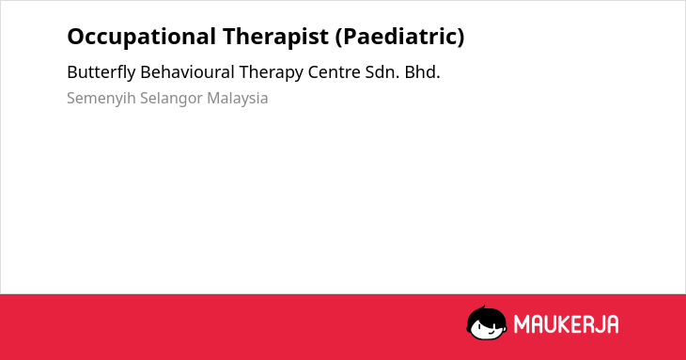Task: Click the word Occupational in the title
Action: tap(141, 38)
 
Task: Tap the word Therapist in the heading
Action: tap(275, 38)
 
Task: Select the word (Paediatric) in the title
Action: tap(400, 38)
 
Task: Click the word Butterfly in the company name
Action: tap(101, 72)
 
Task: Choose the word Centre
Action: tap(334, 72)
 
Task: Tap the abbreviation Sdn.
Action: tap(382, 72)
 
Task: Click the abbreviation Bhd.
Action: tap(422, 72)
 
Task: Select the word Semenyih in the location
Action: tap(101, 99)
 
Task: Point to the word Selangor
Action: tap(171, 99)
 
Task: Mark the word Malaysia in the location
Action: tap(238, 99)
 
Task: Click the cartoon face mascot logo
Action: tap(487, 323)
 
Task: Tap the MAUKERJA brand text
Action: tap(566, 324)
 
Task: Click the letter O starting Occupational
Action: tap(76, 37)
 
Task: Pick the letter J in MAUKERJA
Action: tap(598, 324)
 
